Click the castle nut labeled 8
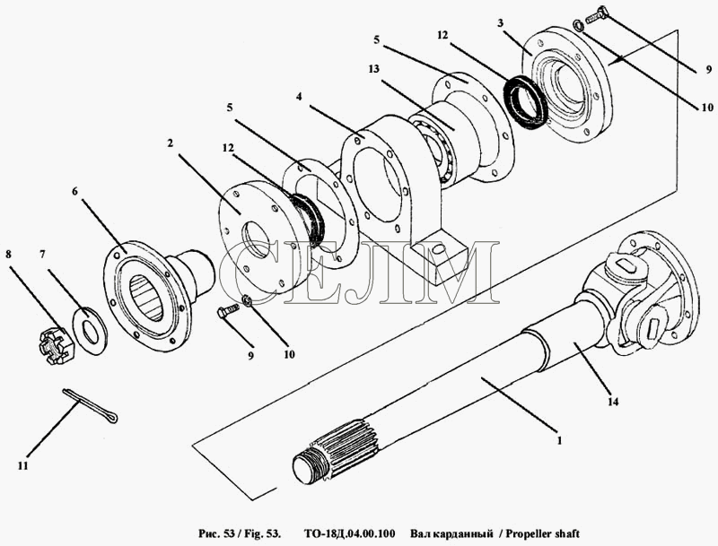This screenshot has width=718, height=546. coord(57,346)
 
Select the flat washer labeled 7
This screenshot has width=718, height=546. coord(91,330)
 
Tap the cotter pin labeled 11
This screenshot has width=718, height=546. coord(91,405)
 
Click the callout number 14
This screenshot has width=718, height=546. coord(613,401)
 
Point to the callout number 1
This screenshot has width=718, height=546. coord(558,441)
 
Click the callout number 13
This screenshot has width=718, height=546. coord(373,69)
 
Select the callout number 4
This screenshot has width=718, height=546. coord(299,97)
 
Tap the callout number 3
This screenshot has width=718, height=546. coord(501,22)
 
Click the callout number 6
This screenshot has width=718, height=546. coord(74,191)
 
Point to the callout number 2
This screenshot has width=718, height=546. coord(170,143)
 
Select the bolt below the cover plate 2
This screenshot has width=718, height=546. coord(228,312)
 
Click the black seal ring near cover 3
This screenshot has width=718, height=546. coord(523,100)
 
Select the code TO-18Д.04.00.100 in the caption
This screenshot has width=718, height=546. coord(349,533)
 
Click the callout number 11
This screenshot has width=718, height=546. coord(23,465)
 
